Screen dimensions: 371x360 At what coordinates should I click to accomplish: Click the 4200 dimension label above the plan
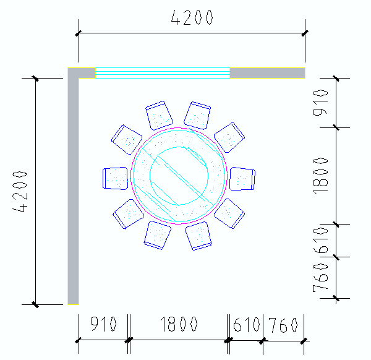coord(192,17)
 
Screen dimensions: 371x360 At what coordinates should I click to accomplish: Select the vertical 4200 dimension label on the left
coord(20,192)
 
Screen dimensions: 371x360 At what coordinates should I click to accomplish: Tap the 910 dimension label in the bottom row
coord(103,324)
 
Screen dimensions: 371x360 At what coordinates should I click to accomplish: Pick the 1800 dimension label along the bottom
coord(179,324)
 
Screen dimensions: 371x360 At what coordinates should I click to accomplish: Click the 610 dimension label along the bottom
coord(246,325)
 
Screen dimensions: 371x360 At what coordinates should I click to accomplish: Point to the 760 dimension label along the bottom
coord(283,325)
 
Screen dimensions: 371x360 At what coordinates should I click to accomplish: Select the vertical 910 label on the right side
coord(320,103)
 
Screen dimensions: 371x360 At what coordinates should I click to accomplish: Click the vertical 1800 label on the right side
coord(320,176)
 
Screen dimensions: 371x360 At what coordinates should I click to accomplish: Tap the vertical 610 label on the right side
coord(320,241)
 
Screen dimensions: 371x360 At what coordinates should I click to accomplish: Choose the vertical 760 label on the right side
coord(320,278)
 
